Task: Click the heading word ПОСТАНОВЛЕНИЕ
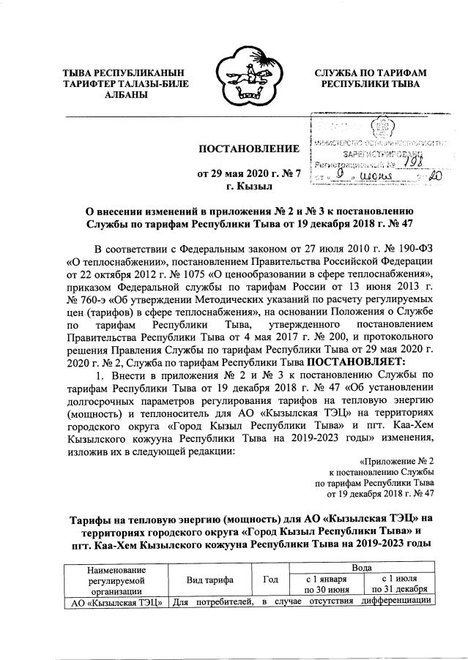point(249,149)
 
